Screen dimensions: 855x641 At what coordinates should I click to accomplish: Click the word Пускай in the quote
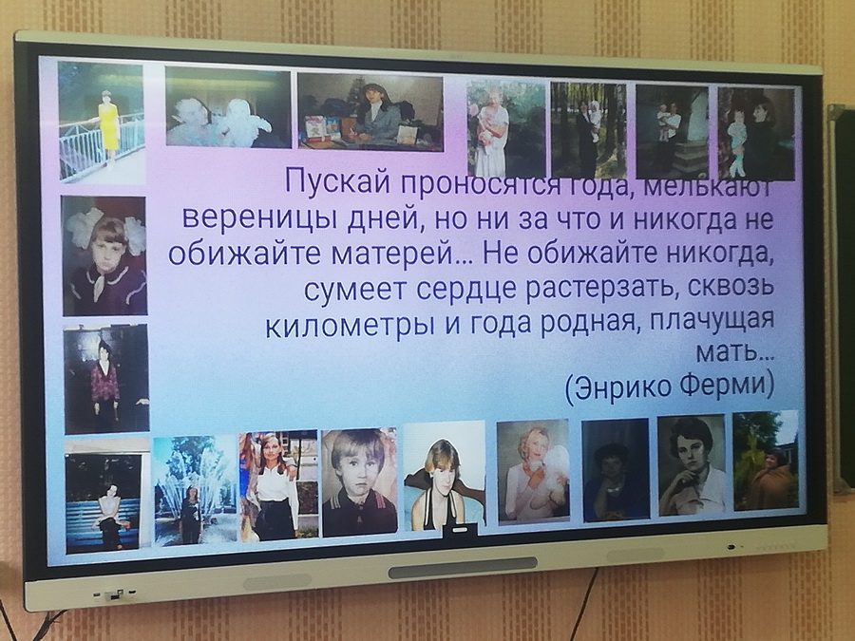click(337, 181)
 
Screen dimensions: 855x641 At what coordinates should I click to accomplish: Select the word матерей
click(395, 253)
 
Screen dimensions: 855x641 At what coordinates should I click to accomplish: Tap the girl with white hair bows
click(104, 255)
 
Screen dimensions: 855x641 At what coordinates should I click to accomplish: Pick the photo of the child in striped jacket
click(359, 481)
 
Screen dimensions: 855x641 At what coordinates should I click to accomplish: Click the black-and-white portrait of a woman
click(692, 466)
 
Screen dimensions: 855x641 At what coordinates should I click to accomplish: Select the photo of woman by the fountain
click(195, 491)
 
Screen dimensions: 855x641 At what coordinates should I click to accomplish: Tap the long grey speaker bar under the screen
click(463, 568)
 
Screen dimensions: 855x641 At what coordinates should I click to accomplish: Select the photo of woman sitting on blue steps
click(103, 502)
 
